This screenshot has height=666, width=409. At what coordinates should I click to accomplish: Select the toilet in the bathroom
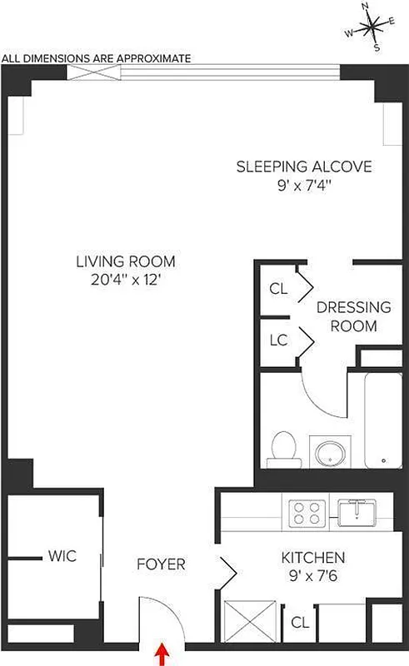282,449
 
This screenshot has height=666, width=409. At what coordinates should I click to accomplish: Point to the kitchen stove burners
305,510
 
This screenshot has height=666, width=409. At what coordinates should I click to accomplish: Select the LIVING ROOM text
126,261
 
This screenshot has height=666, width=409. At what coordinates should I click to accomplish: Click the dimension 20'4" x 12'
126,281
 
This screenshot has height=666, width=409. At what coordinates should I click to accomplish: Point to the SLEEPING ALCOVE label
303,166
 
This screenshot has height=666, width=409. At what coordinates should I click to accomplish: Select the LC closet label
278,340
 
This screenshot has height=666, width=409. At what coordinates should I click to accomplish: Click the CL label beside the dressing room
278,289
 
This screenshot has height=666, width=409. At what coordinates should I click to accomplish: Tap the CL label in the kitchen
298,621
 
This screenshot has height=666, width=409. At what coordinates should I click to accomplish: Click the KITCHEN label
312,557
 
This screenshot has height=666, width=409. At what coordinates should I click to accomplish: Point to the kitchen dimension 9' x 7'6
312,575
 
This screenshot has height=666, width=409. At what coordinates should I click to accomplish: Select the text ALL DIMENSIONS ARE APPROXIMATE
97,58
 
